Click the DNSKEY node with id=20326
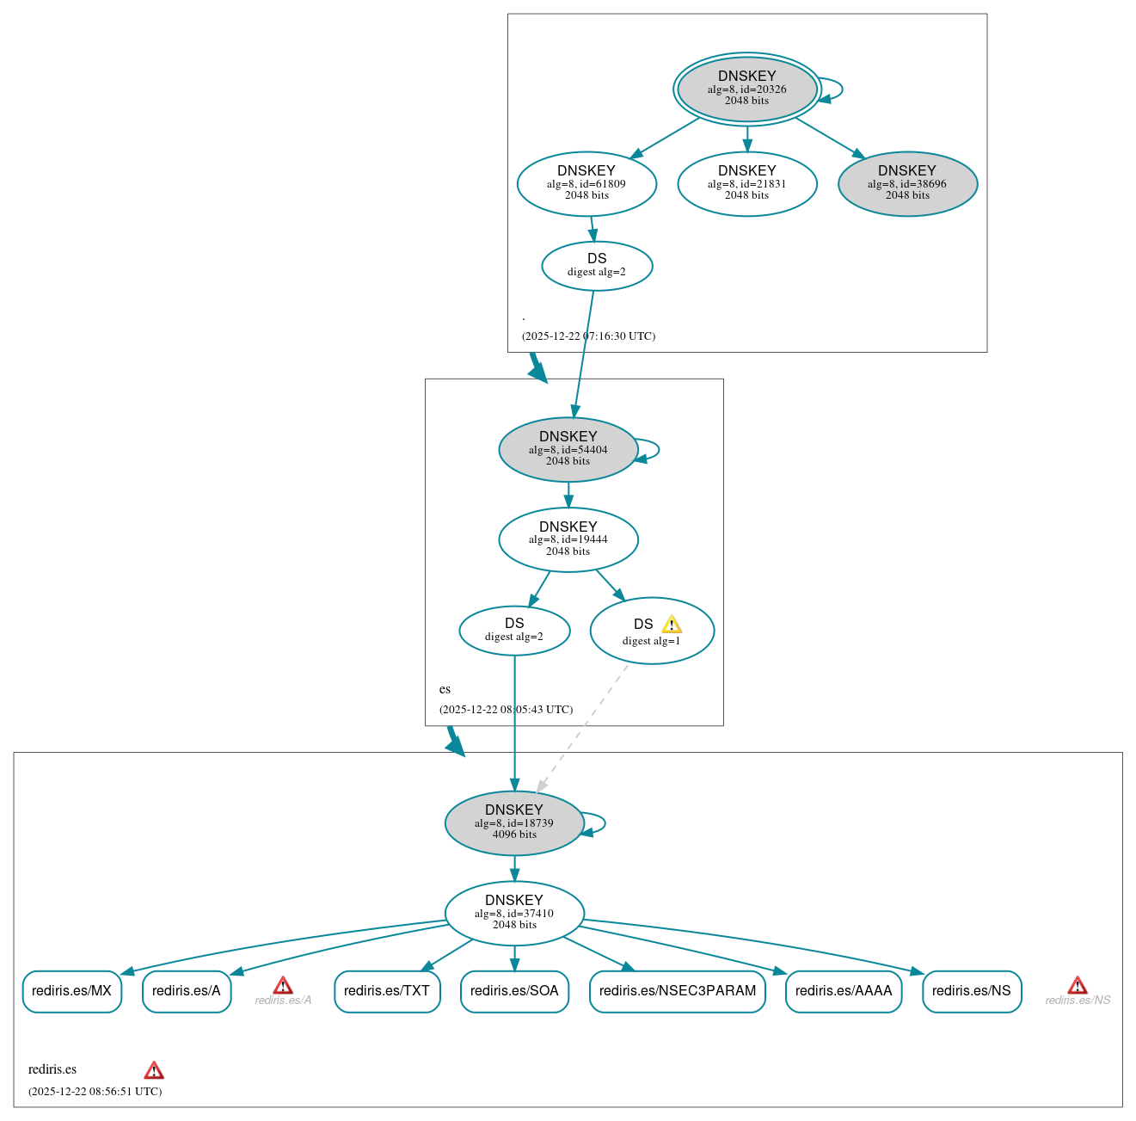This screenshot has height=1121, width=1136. point(746,89)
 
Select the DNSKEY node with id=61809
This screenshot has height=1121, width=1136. point(586,183)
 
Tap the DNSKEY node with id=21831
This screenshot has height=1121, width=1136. point(746,183)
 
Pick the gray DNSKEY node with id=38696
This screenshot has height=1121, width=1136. point(907,183)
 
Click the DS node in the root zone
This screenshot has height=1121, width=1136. point(597,266)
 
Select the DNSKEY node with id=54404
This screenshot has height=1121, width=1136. point(568,449)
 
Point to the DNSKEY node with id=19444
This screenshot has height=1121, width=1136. point(568,539)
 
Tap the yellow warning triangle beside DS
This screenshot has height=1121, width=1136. point(672,625)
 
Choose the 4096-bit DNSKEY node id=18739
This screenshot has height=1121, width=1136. point(514,823)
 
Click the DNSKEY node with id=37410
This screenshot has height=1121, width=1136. point(514,914)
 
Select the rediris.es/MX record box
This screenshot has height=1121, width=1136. point(71,991)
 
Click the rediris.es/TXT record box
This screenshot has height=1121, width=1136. point(387,991)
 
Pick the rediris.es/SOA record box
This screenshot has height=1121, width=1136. point(514,991)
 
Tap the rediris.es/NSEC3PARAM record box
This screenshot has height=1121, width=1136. point(677,991)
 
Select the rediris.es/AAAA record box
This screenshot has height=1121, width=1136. point(843,991)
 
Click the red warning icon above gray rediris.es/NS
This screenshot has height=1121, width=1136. point(1078,986)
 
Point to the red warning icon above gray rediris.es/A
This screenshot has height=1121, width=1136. point(283,986)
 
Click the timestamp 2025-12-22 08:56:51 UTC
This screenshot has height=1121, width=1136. point(95,1092)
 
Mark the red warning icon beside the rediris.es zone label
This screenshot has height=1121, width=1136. point(154,1070)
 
